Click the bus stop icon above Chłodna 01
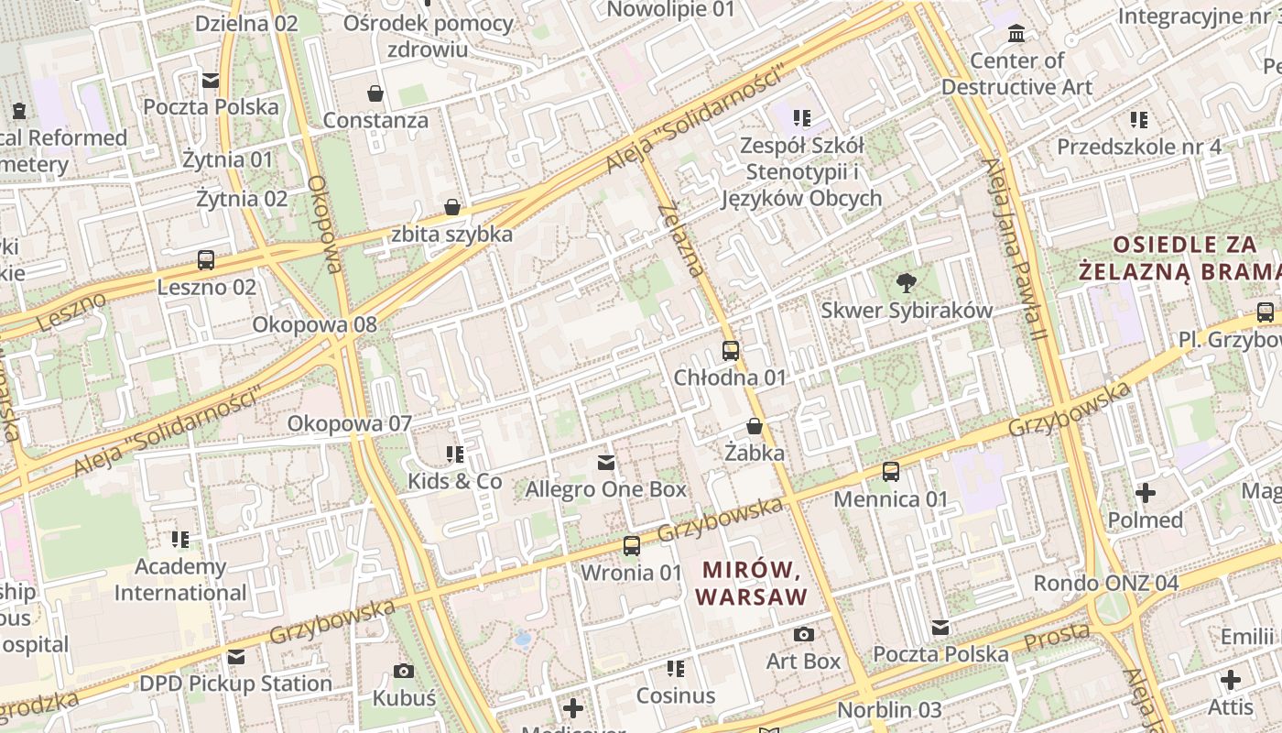[731, 350]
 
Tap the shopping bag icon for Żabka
[755, 426]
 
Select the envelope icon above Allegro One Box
[606, 463]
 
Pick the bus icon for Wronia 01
[632, 546]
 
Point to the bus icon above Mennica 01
[891, 472]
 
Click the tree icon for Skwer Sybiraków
[907, 282]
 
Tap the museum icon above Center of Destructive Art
[1016, 34]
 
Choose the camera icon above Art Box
[804, 634]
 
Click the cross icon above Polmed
[1146, 493]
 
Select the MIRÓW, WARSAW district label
[752, 584]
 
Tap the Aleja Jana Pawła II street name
[1014, 249]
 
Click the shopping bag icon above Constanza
[375, 93]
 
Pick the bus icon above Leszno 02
[206, 260]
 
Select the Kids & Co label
[455, 481]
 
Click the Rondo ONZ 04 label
[1105, 583]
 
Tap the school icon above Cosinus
[676, 669]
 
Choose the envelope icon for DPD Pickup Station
[236, 657]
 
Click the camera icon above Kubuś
[404, 672]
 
